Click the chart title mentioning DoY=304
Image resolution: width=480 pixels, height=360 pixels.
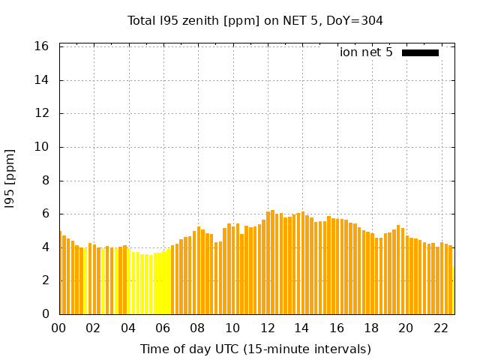[x=255, y=20]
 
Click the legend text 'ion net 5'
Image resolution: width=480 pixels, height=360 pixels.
[x=366, y=52]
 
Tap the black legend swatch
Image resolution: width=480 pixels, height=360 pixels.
[x=420, y=52]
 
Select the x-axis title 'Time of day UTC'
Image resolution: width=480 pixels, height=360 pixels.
[x=255, y=349]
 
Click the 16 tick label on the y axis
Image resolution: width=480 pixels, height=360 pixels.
[x=43, y=46]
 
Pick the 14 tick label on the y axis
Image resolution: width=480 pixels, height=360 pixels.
[x=43, y=80]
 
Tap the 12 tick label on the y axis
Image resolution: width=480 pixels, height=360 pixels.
[x=43, y=114]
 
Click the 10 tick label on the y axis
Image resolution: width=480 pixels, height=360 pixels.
[x=43, y=147]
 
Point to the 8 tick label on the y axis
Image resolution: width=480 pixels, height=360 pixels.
[x=46, y=181]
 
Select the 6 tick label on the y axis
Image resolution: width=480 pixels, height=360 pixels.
[x=46, y=214]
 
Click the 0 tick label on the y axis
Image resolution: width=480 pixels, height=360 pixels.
[x=46, y=314]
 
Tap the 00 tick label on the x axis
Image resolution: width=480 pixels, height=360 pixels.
[x=59, y=328]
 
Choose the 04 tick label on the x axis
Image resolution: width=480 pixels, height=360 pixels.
[x=128, y=328]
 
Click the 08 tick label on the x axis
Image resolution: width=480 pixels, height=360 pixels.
[x=198, y=328]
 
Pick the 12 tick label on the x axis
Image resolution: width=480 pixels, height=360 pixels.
[x=267, y=328]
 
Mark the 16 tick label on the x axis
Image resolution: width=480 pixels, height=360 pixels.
[x=337, y=328]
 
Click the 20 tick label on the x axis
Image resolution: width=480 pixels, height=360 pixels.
[x=406, y=328]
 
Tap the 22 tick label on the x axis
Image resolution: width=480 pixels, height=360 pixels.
[x=441, y=328]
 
